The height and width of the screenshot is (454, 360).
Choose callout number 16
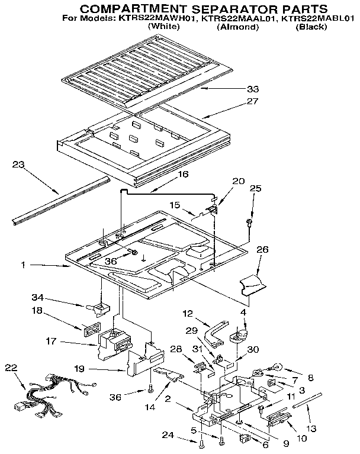tap(183, 175)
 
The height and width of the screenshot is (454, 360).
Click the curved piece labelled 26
tap(253, 286)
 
